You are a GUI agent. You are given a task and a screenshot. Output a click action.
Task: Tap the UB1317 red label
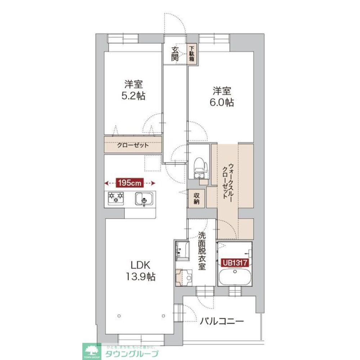[234, 263]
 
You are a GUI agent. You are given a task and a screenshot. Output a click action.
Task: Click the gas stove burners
[115, 198]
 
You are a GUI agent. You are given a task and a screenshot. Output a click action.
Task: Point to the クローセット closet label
[133, 146]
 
